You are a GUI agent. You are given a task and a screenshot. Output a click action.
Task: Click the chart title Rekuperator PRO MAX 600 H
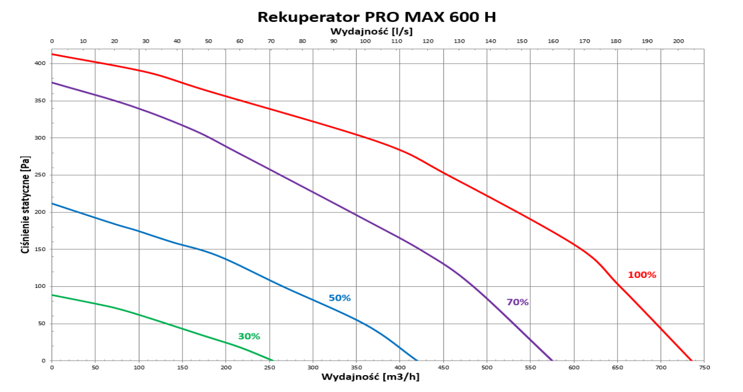pos(377,17)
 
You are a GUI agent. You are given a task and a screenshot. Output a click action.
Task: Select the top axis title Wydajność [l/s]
pos(371,32)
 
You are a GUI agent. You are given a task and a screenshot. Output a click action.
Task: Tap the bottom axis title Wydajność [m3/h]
pos(371,377)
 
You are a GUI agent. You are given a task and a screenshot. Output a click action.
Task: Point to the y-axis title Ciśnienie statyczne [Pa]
pos(25,205)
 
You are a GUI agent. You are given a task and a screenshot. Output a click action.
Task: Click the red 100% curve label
pos(642,275)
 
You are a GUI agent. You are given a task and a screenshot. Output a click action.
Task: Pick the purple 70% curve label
pos(517,302)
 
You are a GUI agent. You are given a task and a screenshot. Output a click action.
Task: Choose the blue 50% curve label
pos(340,298)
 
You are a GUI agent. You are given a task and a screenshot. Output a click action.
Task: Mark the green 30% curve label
pos(249,336)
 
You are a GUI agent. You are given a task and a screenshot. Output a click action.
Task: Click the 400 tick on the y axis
pos(40,64)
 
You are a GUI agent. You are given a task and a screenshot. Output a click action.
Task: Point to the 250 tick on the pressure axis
pos(40,175)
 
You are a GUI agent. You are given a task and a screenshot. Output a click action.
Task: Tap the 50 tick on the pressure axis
pos(42,324)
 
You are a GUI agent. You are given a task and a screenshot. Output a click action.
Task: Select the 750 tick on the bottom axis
pos(704,367)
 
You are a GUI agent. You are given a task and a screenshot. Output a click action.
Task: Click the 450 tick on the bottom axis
pos(443,367)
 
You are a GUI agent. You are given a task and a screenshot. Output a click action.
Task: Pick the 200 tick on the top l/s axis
pos(679,41)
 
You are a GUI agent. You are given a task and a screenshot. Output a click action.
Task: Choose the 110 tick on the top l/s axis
pos(397,41)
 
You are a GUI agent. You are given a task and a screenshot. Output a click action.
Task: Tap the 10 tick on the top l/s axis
pos(83,41)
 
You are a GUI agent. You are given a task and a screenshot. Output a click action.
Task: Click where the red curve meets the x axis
pos(691,360)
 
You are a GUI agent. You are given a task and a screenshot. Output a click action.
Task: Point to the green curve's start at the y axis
pos(52,295)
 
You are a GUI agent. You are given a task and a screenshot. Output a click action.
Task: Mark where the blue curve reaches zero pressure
pos(417,360)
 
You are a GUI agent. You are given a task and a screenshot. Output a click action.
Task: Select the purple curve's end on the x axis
pos(552,360)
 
